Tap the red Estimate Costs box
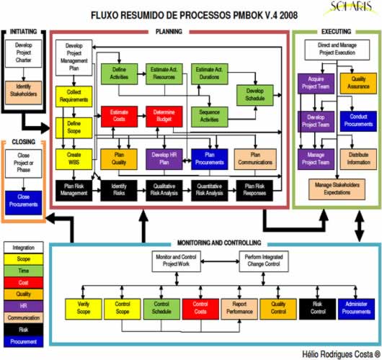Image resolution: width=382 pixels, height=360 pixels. (x=118, y=117)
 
